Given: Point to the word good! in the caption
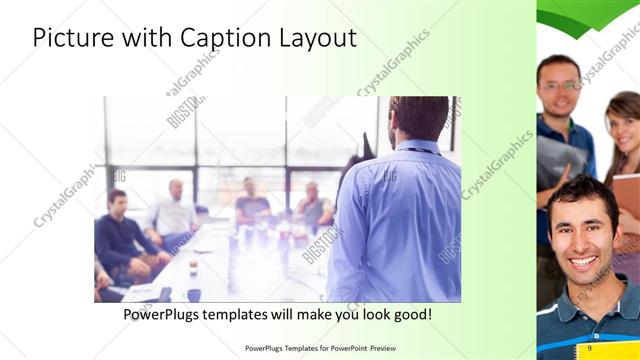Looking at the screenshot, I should pos(411,315).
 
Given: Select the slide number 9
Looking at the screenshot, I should pos(590,348).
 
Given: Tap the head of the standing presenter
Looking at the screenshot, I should pos(417,118).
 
